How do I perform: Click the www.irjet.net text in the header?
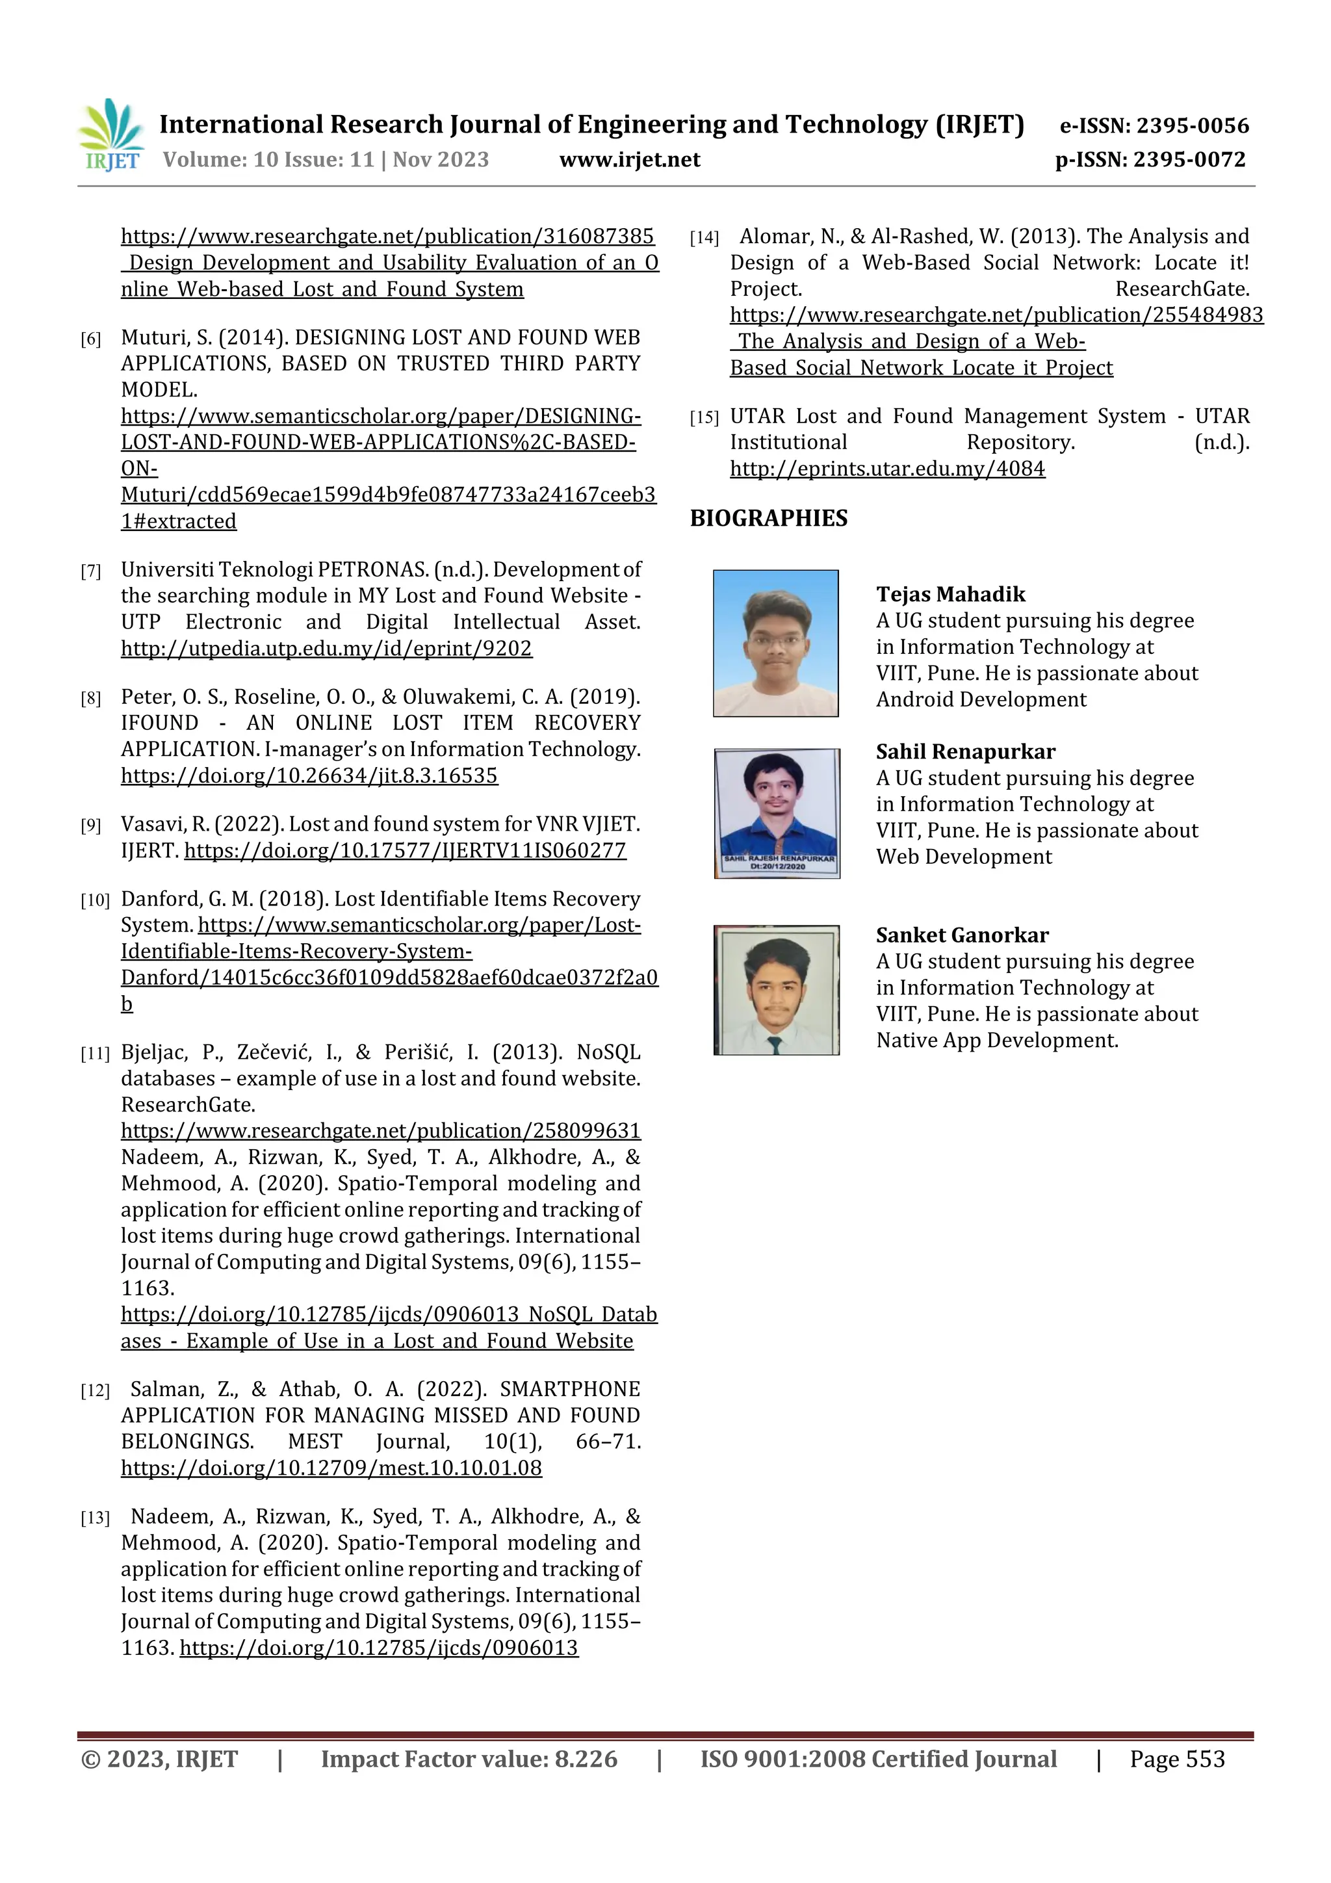629,160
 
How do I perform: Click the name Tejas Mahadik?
950,595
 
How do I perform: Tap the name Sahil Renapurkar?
965,752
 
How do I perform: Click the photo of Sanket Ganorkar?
776,990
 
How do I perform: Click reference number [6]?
90,339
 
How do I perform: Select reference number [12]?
94,1391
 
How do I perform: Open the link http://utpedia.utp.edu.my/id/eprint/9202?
326,649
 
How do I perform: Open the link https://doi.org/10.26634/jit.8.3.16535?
309,776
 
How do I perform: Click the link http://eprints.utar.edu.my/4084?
886,469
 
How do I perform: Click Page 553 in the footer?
1176,1759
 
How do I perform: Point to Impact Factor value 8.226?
469,1759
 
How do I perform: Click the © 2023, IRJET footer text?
159,1759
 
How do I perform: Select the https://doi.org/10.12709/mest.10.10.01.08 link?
331,1468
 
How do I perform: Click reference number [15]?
704,418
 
